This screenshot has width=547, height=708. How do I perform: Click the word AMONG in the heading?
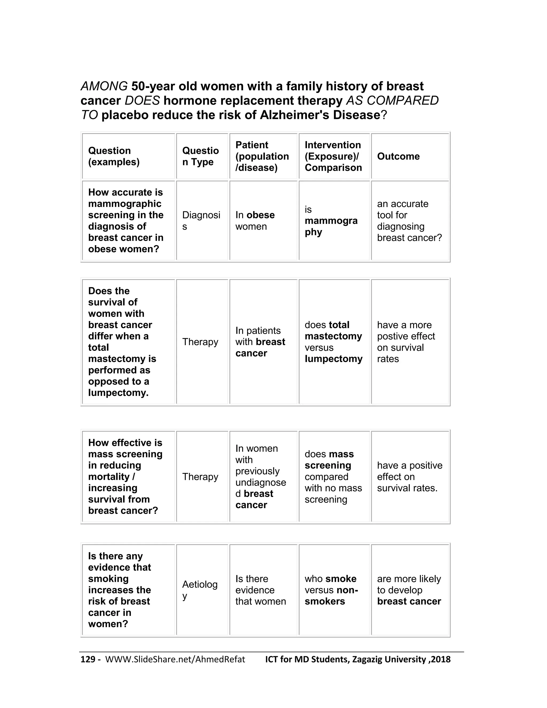(x=104, y=86)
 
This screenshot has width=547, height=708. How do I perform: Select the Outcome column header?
(x=398, y=156)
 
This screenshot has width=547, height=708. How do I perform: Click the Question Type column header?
(x=200, y=156)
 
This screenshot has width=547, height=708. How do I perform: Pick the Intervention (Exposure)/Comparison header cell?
(x=333, y=156)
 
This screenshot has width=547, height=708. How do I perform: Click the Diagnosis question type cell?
(x=201, y=220)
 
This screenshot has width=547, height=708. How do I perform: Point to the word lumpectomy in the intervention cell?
(x=333, y=359)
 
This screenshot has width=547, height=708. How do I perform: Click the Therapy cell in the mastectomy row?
(x=200, y=342)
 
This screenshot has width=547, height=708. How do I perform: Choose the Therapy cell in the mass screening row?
(x=200, y=477)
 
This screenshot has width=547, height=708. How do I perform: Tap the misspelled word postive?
(x=390, y=336)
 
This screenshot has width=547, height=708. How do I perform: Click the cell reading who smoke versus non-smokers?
(x=331, y=590)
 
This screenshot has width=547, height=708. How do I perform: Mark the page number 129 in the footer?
(x=88, y=659)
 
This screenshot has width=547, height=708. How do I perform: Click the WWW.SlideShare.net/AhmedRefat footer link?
(x=175, y=659)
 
